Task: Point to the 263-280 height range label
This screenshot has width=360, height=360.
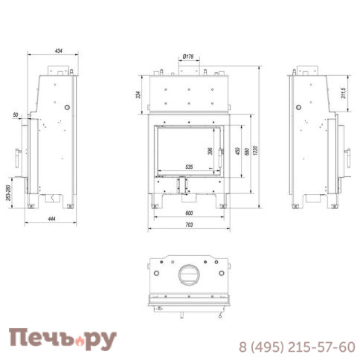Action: point(8,192)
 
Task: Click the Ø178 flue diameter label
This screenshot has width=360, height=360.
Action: point(187,56)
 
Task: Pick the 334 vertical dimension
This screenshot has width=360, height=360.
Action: point(138,94)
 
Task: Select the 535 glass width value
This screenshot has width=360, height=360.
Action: point(189,167)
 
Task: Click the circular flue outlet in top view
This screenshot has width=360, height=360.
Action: point(188,276)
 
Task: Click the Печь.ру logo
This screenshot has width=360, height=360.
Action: point(62,339)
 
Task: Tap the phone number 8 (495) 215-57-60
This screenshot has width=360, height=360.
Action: point(296,347)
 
